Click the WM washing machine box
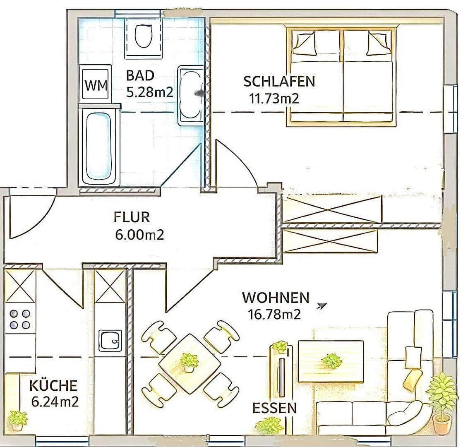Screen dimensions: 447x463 tap(96, 86)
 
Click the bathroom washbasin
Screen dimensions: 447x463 tap(191, 95)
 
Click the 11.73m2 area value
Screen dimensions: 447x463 tap(273, 99)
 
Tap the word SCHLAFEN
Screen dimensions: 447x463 tap(279, 82)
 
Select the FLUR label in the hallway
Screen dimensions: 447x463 tap(131, 217)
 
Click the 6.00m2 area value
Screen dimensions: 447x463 tap(139, 235)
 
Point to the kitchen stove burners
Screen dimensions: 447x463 tap(20, 319)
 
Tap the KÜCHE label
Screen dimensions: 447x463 tap(53, 386)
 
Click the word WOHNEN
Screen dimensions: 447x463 tap(276, 298)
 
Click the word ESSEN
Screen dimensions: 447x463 tap(275, 408)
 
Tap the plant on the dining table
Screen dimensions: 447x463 tap(189, 361)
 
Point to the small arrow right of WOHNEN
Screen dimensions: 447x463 tap(321, 306)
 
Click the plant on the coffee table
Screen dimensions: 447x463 tap(331, 360)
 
